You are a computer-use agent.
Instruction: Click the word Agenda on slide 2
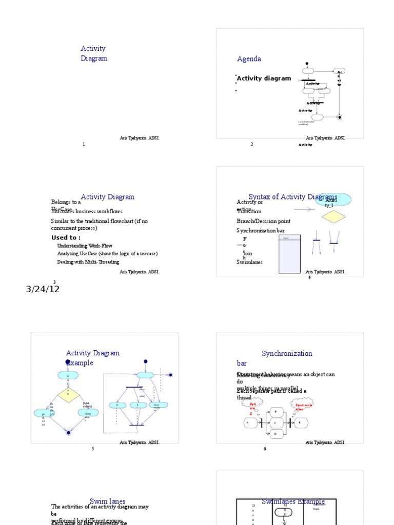pyautogui.click(x=249, y=59)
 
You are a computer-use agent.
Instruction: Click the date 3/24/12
pyautogui.click(x=43, y=289)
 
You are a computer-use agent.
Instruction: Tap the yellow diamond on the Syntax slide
pyautogui.click(x=334, y=217)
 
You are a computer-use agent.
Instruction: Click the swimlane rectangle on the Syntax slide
pyautogui.click(x=289, y=254)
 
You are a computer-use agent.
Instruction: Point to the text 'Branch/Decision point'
pyautogui.click(x=263, y=221)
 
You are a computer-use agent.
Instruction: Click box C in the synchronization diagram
pyautogui.click(x=276, y=423)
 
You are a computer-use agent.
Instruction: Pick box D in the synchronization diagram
pyautogui.click(x=276, y=434)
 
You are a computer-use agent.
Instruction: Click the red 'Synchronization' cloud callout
pyautogui.click(x=304, y=407)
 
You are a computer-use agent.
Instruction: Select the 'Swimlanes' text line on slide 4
pyautogui.click(x=249, y=262)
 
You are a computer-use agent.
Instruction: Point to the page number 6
pyautogui.click(x=265, y=449)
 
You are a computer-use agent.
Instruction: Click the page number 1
pyautogui.click(x=84, y=145)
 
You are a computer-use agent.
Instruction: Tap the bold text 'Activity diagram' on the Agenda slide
pyautogui.click(x=264, y=79)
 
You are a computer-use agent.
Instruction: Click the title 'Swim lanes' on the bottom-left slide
pyautogui.click(x=108, y=501)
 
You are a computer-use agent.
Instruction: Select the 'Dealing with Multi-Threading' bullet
pyautogui.click(x=88, y=262)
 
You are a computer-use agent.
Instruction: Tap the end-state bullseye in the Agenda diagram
pyautogui.click(x=340, y=117)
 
